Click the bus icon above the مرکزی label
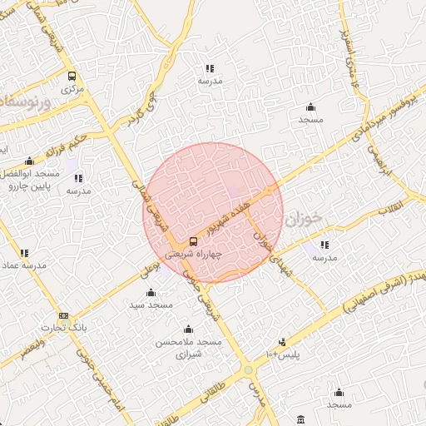72,74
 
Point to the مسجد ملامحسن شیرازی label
189,347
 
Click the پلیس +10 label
282,355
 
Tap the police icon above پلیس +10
283,342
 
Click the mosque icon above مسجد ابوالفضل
29,161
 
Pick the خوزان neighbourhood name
301,220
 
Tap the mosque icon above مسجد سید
151,292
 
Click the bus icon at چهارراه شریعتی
193,243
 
